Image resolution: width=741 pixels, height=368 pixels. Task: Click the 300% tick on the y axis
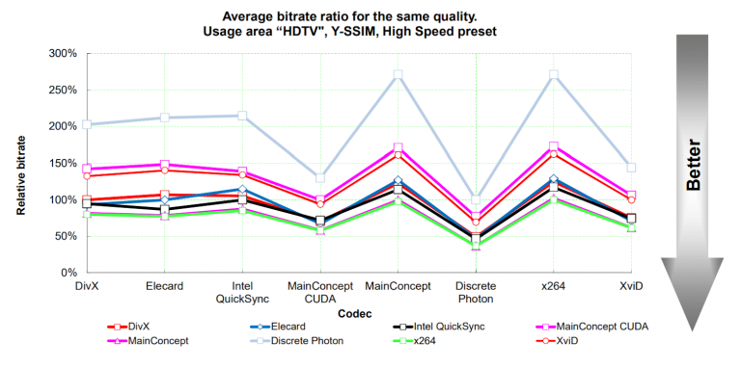point(63,53)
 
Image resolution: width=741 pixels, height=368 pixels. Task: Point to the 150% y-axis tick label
point(63,163)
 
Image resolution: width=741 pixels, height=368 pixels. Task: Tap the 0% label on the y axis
point(69,273)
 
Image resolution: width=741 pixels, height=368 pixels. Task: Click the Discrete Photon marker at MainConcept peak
point(398,74)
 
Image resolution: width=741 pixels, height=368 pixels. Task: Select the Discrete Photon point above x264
point(554,74)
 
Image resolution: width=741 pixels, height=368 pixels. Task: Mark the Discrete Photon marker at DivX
point(87,124)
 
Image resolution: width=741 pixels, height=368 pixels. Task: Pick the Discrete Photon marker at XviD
point(631,168)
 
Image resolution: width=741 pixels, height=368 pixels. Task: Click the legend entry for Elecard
point(278,326)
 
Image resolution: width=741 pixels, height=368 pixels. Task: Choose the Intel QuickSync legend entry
point(439,326)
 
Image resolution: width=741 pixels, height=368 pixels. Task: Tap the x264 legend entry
point(412,341)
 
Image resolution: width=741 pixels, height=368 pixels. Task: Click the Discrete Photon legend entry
point(297,341)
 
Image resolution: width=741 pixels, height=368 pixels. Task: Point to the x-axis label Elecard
point(164,286)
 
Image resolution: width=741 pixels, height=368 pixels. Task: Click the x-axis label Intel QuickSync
point(242,293)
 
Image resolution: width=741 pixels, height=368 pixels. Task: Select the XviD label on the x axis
point(632,286)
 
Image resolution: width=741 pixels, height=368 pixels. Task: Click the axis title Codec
point(354,313)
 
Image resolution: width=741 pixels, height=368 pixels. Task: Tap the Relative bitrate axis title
point(21,175)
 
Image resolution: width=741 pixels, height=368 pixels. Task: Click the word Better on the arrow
point(693,165)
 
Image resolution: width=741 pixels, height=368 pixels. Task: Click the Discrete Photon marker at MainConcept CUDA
point(320,178)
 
